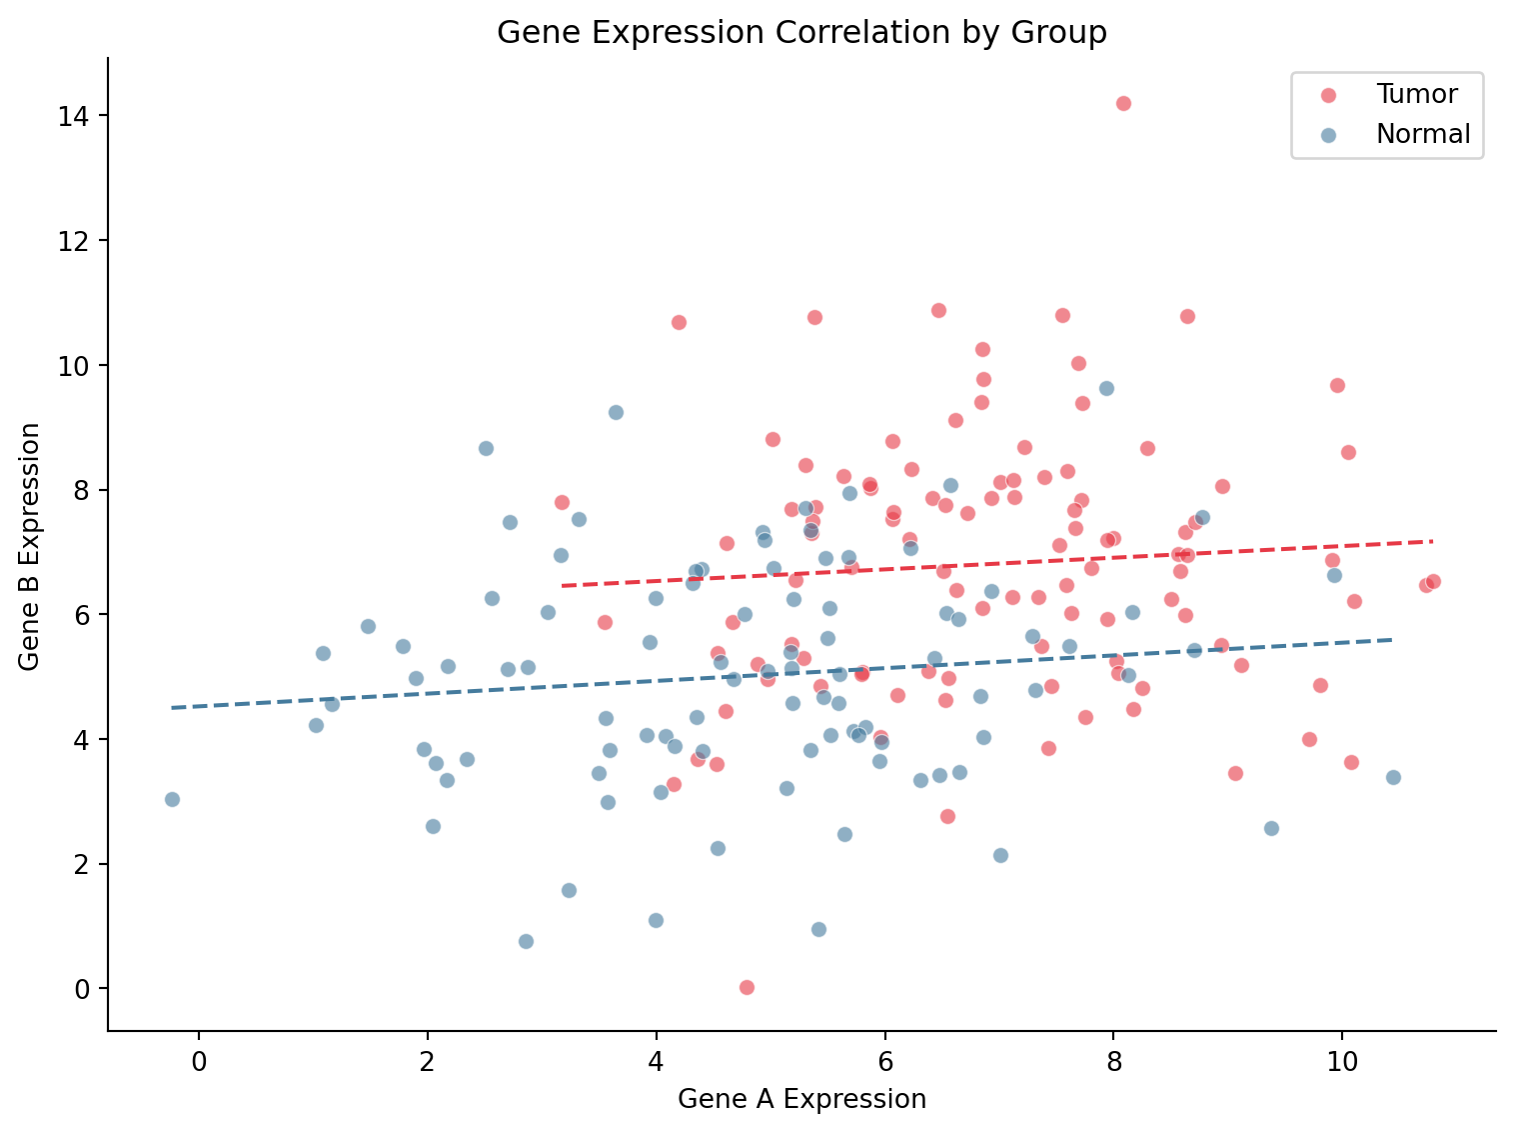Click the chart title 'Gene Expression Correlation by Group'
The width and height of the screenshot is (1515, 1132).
tap(801, 33)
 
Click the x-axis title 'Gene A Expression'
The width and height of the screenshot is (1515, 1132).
tap(801, 1099)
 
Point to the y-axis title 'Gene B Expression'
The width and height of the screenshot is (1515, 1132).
tap(30, 546)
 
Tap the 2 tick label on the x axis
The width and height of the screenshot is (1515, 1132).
tap(427, 1059)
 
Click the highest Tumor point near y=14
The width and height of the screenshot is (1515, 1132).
tap(1123, 103)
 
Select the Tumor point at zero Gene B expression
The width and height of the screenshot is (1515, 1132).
tap(747, 987)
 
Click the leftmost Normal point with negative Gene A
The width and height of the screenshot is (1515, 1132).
tap(172, 799)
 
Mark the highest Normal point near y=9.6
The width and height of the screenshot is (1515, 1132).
tap(1106, 388)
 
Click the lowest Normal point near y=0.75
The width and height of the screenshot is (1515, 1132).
tap(526, 941)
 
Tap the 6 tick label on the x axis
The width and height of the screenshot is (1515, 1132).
tap(884, 1059)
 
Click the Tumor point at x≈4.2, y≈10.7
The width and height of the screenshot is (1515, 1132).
tap(679, 322)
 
